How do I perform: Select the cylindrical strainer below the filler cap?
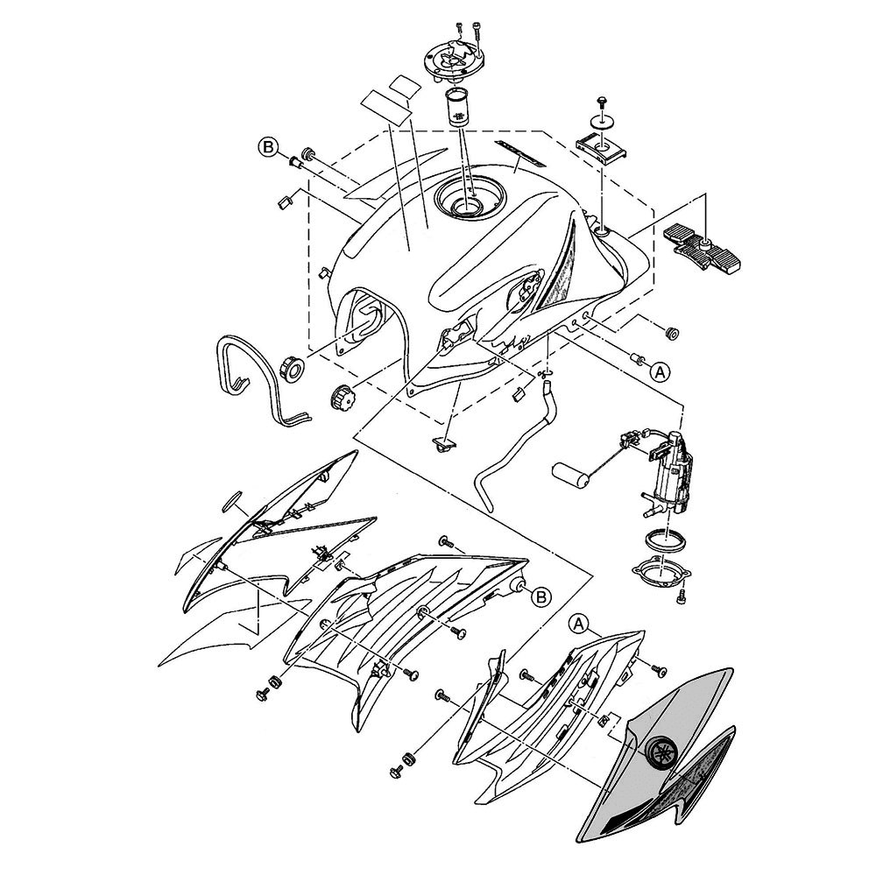[459, 106]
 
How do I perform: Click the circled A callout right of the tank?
[661, 370]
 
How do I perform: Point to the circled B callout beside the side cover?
[540, 596]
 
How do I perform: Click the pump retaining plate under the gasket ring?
[662, 575]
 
